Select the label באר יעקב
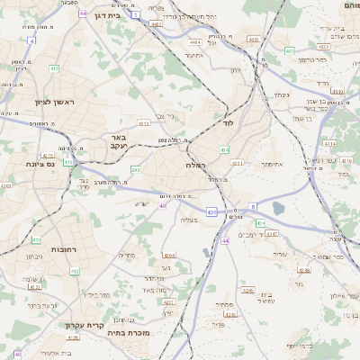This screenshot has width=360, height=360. pos(118,141)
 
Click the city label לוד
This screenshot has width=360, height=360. pos(229,121)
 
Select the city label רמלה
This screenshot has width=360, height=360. pos(196,166)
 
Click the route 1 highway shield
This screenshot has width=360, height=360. pos(136,15)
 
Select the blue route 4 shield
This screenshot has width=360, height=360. pos(31,40)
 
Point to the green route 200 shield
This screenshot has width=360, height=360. pos(134,169)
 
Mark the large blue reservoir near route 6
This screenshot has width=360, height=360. pos(277,209)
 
